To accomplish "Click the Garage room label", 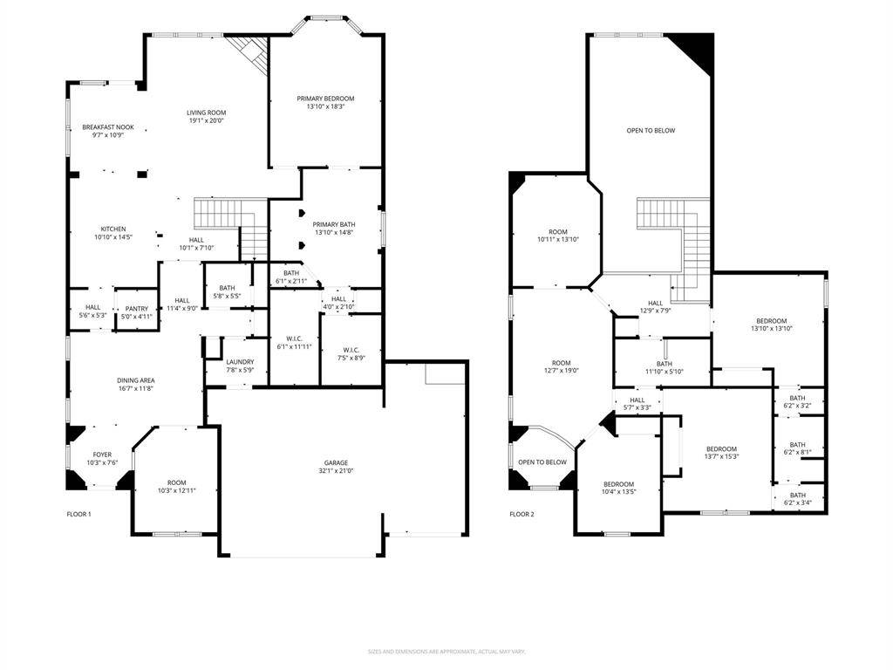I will pyautogui.click(x=337, y=462).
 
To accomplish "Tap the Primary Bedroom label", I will pyautogui.click(x=325, y=99).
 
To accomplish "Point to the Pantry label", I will pyautogui.click(x=136, y=308).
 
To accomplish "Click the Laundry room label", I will pyautogui.click(x=239, y=362).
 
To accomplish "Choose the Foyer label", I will pyautogui.click(x=103, y=455).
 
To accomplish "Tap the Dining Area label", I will pyautogui.click(x=136, y=380).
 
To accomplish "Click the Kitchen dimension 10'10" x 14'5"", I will pyautogui.click(x=112, y=237).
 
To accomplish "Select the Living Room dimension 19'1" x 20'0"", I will pyautogui.click(x=206, y=120).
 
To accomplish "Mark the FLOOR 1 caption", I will pyautogui.click(x=79, y=514).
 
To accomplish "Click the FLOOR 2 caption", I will pyautogui.click(x=521, y=514).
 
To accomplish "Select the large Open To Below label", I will pyautogui.click(x=651, y=131).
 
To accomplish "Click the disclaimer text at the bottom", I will pyautogui.click(x=446, y=651).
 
